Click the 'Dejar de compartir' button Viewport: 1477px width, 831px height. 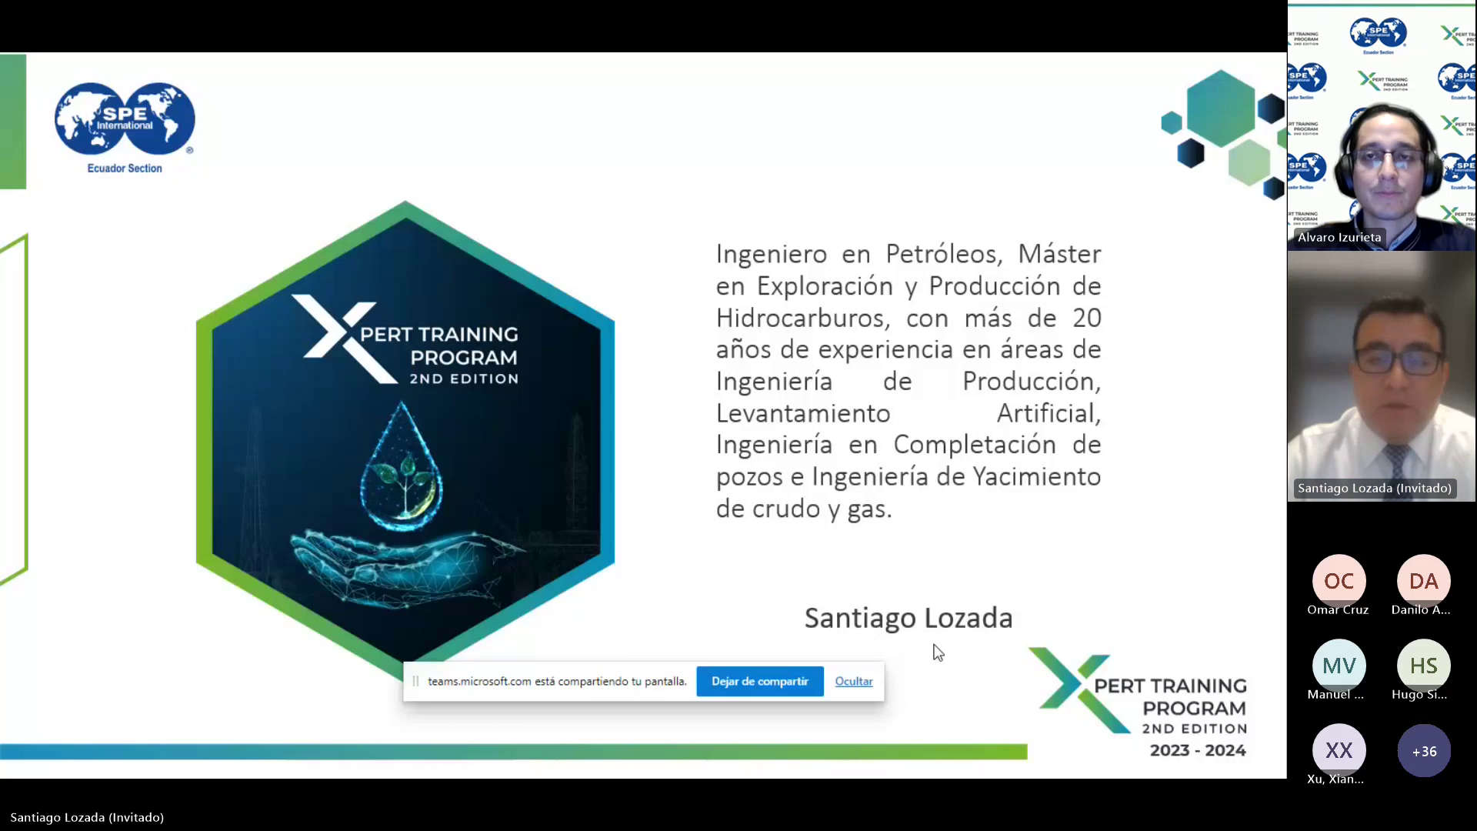pos(759,682)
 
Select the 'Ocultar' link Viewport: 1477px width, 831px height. pos(854,682)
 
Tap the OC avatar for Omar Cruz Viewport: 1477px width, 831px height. pos(1339,581)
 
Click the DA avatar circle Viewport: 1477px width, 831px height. pos(1423,581)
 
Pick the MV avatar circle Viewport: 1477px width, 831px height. pos(1339,666)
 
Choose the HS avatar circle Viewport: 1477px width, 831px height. pos(1423,666)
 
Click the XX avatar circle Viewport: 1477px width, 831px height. pos(1339,750)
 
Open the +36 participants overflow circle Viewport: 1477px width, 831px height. pos(1423,751)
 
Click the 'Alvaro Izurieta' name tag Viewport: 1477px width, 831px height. pos(1339,237)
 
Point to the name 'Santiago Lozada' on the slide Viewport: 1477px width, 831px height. pos(908,618)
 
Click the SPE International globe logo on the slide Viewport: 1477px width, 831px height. pos(125,118)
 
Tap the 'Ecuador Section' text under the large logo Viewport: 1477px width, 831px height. pos(125,169)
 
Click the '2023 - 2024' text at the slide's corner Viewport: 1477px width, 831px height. pos(1198,750)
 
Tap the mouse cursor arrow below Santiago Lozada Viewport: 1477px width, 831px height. pos(938,652)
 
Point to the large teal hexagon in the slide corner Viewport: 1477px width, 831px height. pos(1221,108)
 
